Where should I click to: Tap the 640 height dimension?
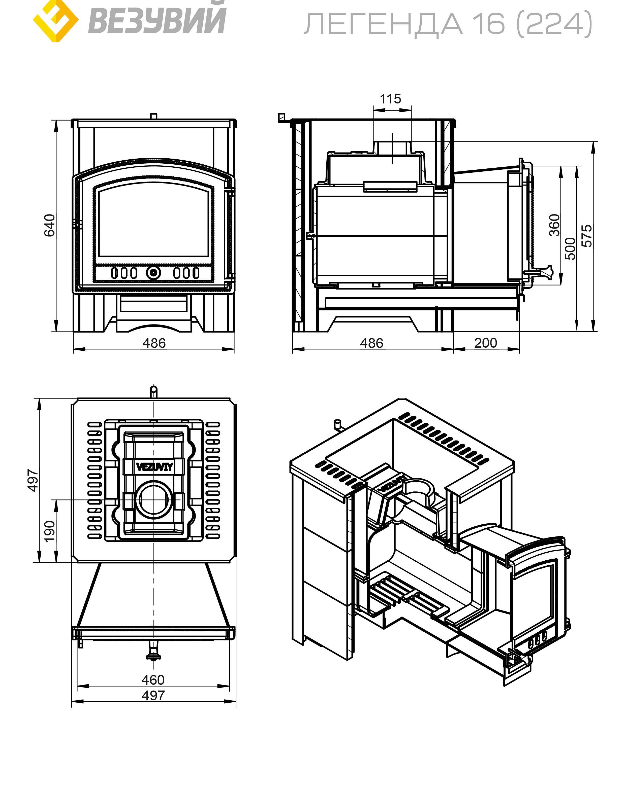[49, 226]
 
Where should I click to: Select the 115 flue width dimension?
[390, 99]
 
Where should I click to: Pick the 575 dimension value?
[587, 236]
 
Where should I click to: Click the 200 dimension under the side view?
[486, 343]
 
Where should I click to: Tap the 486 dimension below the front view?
[154, 343]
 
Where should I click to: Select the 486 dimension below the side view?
[371, 343]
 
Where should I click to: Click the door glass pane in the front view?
[154, 223]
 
